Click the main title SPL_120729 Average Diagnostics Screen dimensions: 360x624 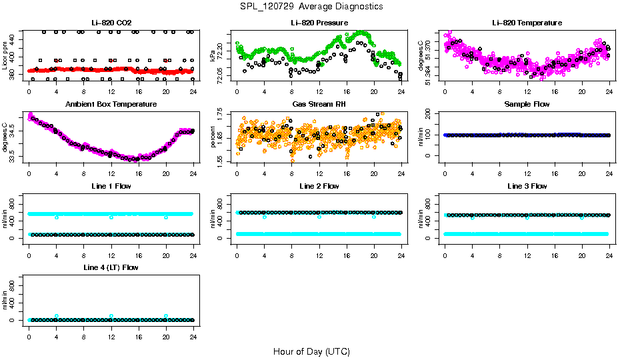click(312, 7)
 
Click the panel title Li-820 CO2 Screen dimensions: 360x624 click(111, 23)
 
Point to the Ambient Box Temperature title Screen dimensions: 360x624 click(111, 105)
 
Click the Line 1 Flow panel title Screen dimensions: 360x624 click(111, 186)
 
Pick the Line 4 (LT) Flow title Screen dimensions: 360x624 click(111, 267)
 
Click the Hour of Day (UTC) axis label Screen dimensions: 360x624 click(311, 351)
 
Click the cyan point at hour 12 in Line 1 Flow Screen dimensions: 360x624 click(111, 217)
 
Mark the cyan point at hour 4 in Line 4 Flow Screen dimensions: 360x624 click(57, 316)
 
